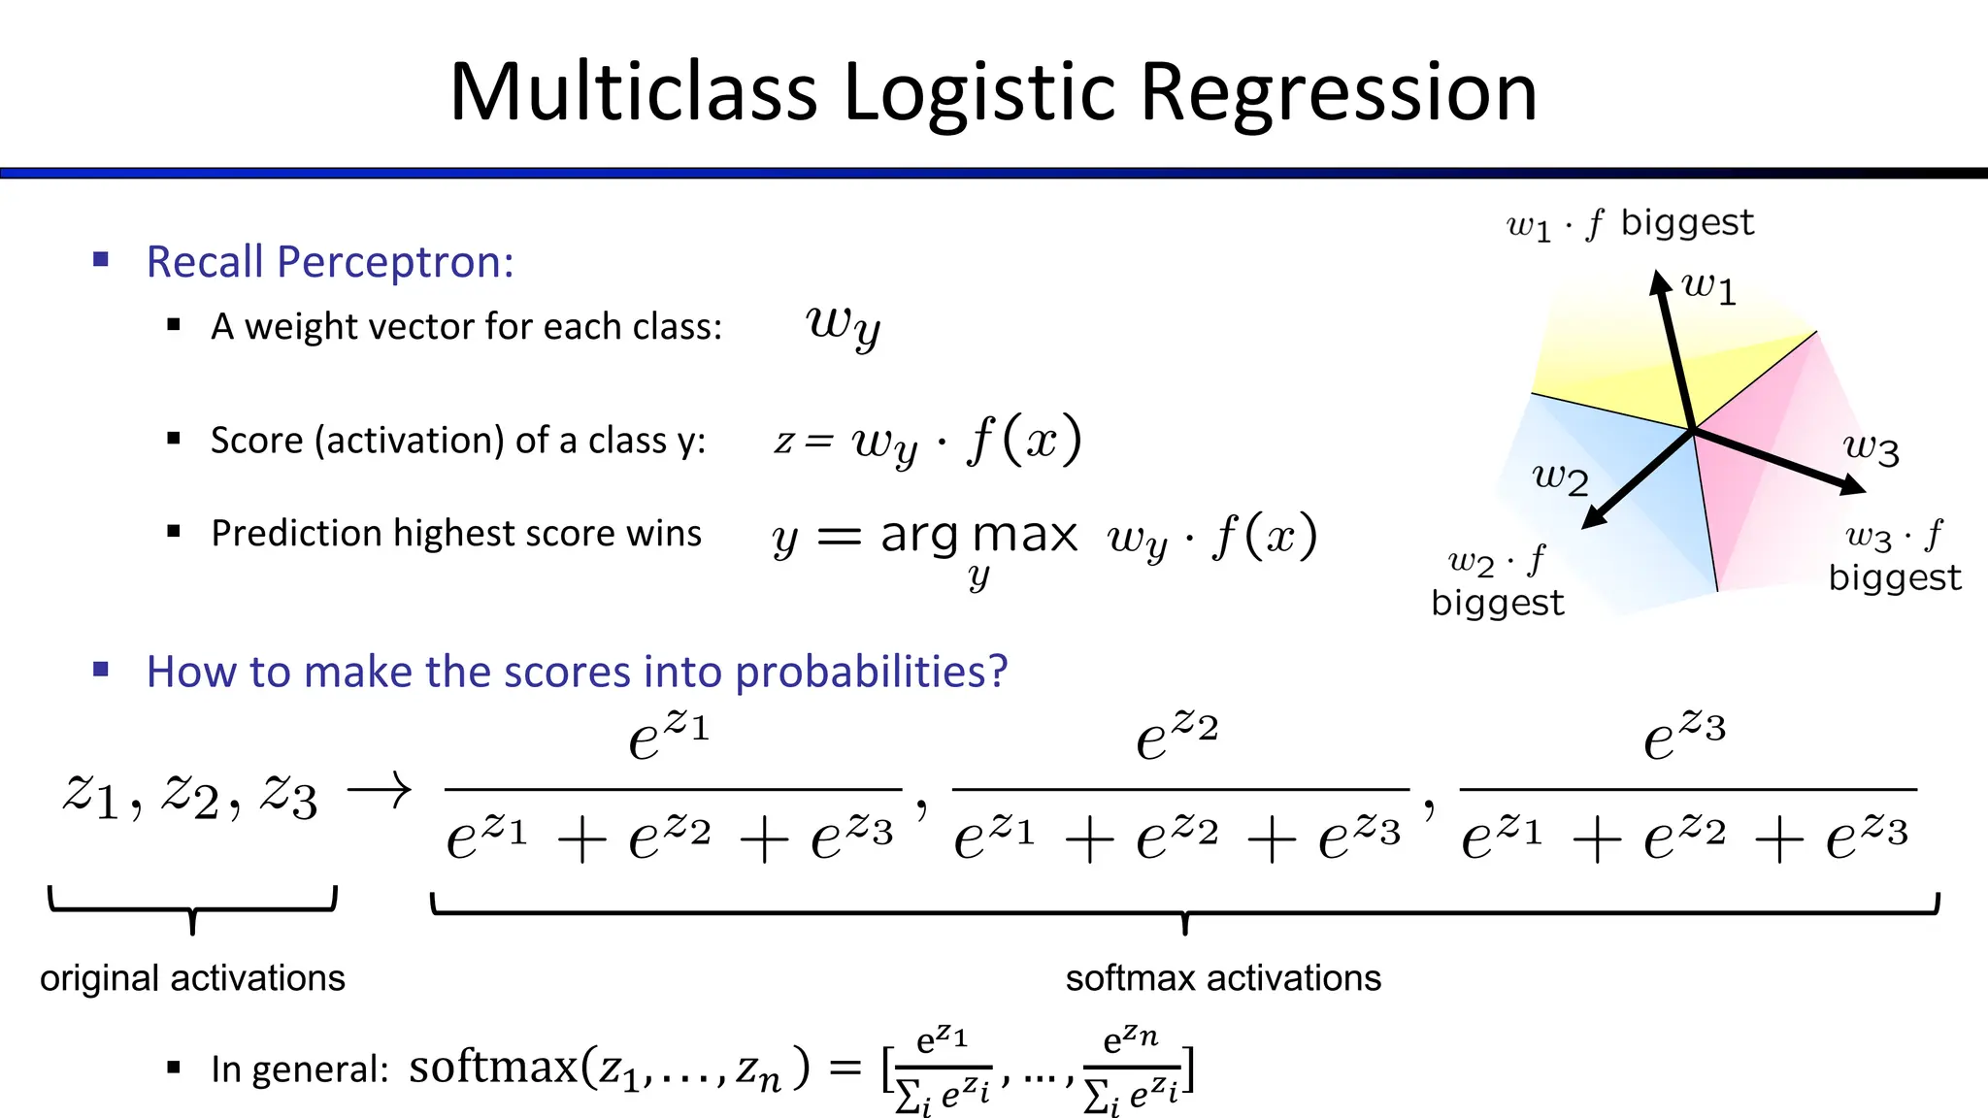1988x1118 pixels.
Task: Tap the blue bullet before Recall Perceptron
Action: click(x=101, y=260)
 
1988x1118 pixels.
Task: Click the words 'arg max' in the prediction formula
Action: click(x=978, y=535)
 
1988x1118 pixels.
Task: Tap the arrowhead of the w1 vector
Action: click(x=1659, y=281)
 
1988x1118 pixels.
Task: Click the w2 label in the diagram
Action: click(x=1560, y=477)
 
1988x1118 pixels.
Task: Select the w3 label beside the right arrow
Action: click(x=1871, y=448)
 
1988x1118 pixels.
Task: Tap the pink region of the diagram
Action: click(x=1757, y=485)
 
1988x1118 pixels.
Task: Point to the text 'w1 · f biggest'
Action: click(x=1630, y=224)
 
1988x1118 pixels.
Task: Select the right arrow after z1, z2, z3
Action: click(x=380, y=791)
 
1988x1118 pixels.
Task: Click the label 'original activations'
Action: click(x=192, y=978)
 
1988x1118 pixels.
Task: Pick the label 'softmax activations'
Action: click(x=1223, y=978)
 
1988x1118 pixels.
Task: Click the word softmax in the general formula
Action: click(x=493, y=1068)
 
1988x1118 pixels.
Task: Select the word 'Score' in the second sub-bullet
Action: click(x=257, y=441)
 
